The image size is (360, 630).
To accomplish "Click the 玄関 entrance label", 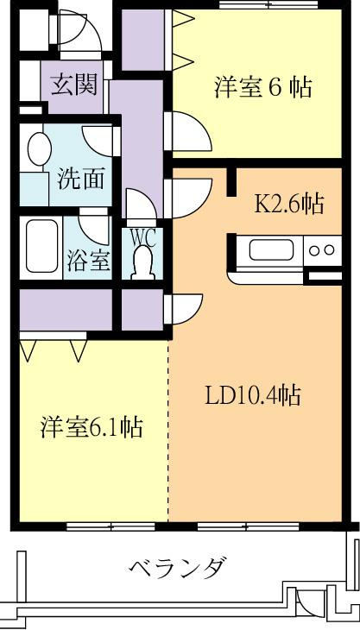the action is (75, 85).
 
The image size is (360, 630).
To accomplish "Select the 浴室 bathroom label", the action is (88, 261).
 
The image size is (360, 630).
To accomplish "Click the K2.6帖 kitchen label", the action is (289, 205).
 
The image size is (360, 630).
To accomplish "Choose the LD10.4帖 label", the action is (253, 395).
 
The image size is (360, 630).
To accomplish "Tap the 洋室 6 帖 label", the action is (263, 87).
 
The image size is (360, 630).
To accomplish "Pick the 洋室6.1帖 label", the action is (92, 427).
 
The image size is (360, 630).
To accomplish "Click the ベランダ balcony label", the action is (177, 566).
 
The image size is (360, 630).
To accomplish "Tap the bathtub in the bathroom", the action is (41, 246).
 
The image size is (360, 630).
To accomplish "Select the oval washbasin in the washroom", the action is (39, 148).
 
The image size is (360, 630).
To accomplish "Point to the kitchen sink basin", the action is (270, 249).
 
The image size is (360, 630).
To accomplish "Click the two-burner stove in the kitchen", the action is (322, 250).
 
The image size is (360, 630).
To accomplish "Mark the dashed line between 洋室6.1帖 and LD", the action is (168, 431).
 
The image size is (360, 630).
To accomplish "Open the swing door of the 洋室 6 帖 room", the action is (188, 132).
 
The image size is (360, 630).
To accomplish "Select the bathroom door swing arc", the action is (94, 228).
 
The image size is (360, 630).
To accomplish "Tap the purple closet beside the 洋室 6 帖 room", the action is (143, 40).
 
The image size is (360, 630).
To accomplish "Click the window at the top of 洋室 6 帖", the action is (268, 5).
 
